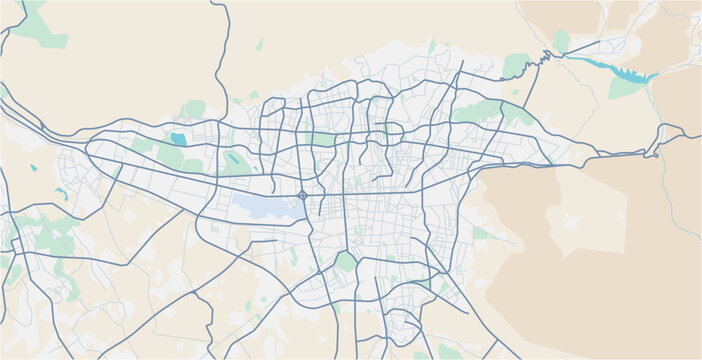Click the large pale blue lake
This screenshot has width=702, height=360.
262,206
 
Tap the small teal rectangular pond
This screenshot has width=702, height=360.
179,139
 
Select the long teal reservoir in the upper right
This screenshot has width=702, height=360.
610,69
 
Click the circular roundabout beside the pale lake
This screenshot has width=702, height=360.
302,195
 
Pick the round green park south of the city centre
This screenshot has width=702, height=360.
346,262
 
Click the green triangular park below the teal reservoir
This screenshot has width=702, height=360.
625,88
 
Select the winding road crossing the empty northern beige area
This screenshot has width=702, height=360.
222,50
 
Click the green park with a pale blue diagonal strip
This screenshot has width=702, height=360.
235,160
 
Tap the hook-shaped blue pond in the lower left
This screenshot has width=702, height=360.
62,193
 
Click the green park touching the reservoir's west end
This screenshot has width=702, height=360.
561,42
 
